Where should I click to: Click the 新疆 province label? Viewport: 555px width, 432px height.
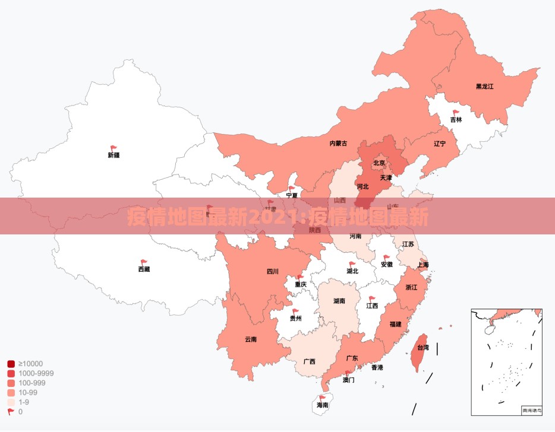tap(113, 155)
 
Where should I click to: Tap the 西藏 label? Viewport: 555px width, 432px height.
tap(144, 269)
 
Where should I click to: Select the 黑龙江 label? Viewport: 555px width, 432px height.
tap(484, 86)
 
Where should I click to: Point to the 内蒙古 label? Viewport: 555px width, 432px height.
tap(338, 143)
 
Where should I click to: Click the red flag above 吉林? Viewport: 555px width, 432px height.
tap(456, 112)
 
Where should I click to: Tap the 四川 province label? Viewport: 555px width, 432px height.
tap(272, 272)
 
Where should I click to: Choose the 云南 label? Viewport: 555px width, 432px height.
tap(250, 339)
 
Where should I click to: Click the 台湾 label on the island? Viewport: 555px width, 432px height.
tap(422, 348)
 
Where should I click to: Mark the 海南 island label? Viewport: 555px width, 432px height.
tap(322, 405)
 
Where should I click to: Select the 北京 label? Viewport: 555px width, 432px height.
tap(379, 163)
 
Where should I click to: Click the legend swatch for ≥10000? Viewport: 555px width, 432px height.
tap(11, 364)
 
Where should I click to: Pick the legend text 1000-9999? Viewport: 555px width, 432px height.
tap(36, 373)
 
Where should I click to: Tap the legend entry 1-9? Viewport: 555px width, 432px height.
tap(24, 402)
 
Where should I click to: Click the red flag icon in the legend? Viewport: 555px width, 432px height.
tap(11, 411)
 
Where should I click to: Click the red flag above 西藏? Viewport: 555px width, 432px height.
tap(144, 262)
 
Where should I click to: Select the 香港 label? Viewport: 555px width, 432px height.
tap(377, 367)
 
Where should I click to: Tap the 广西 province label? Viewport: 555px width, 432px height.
tap(309, 361)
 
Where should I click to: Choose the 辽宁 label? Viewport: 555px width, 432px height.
tap(439, 144)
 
